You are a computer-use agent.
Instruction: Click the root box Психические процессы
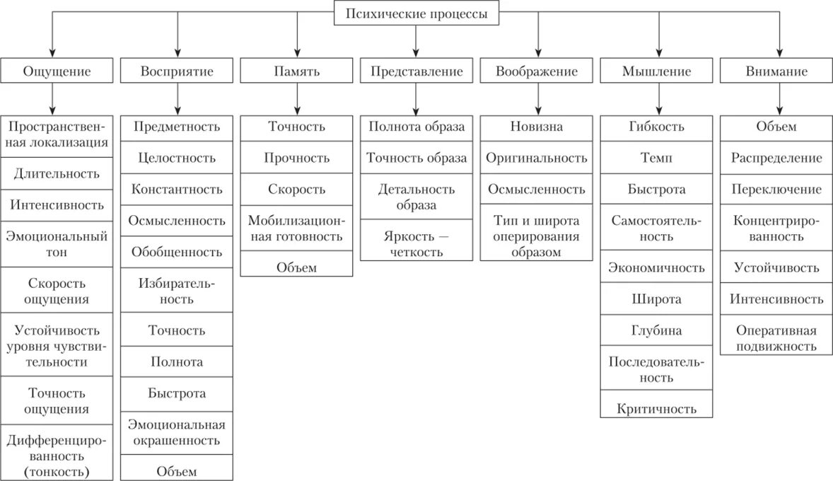point(416,13)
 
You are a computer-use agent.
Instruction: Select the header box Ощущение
point(57,71)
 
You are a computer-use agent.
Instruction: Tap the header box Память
point(296,71)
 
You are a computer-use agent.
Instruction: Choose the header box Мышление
point(656,71)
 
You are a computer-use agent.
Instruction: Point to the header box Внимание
point(776,71)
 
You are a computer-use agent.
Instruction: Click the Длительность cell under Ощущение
point(57,173)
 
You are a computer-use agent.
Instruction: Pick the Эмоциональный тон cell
point(57,243)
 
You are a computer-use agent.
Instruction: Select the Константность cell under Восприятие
point(177,189)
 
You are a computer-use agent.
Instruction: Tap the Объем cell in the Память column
point(296,267)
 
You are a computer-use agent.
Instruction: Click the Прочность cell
point(296,158)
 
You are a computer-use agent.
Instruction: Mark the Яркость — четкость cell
point(416,243)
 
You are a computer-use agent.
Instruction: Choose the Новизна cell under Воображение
point(537,127)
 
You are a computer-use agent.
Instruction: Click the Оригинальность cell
point(537,158)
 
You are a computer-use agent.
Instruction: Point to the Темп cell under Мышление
point(656,158)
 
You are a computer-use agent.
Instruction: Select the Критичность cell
point(656,408)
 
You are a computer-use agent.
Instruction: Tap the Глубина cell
point(656,330)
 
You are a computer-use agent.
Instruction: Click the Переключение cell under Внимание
point(776,189)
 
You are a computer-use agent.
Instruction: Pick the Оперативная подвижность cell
point(776,338)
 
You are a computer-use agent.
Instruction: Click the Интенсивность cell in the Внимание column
point(776,299)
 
